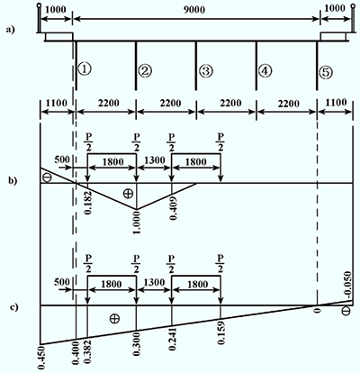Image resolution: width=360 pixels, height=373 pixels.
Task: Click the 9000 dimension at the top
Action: coord(194,10)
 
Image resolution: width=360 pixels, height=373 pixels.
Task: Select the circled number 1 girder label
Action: coord(84,68)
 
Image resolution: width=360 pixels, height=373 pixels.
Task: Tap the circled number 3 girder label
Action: coord(206,71)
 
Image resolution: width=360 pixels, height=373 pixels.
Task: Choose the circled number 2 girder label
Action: coord(145,71)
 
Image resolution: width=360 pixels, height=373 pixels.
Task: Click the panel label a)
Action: coord(10,30)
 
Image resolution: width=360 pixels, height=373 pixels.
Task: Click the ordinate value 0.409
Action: coord(174,208)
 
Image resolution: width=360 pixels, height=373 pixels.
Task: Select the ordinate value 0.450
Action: coord(42,358)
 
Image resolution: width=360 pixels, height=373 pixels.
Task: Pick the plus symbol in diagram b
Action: coord(128,194)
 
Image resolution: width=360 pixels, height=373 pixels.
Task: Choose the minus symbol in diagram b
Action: coord(48,177)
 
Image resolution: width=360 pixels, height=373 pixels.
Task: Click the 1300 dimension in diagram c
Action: coord(154,283)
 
